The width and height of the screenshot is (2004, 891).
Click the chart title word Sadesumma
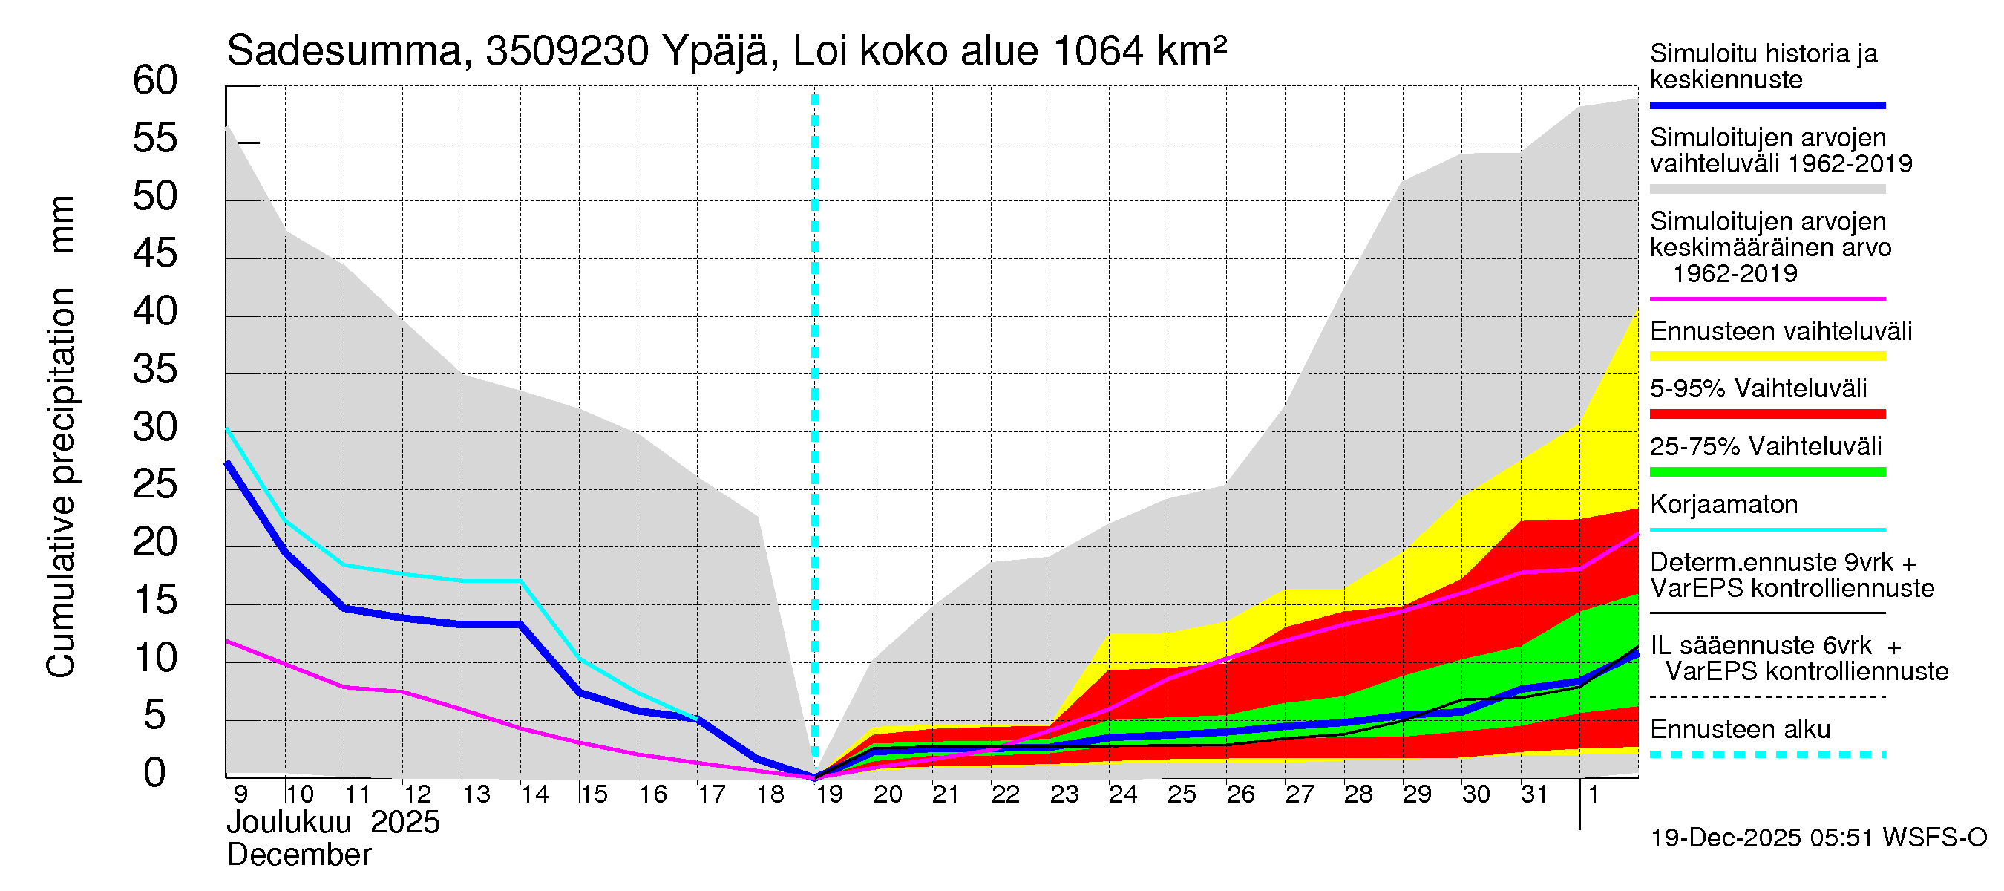[344, 51]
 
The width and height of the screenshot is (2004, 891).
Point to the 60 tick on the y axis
[155, 81]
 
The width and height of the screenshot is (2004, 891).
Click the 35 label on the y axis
[155, 370]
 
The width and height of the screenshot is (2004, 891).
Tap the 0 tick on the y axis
[155, 774]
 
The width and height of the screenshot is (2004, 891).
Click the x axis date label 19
[828, 794]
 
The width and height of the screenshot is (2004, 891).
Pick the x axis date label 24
[1122, 794]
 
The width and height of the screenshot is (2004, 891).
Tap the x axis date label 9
[240, 794]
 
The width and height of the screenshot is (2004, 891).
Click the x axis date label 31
[1534, 794]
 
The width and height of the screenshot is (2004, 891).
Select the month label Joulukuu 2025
[333, 823]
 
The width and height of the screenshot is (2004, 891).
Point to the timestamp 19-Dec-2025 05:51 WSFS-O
[1818, 838]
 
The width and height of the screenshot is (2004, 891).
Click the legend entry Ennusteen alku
[1740, 730]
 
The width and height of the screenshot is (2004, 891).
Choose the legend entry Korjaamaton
[1723, 505]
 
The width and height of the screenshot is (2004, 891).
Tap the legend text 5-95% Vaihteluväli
[1758, 388]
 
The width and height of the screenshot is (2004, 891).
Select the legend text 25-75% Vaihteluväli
[1765, 447]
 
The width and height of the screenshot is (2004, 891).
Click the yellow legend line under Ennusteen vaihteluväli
[1766, 356]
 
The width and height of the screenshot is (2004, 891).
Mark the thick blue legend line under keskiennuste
[1766, 105]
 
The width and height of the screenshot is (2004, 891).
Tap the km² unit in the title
[1191, 51]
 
